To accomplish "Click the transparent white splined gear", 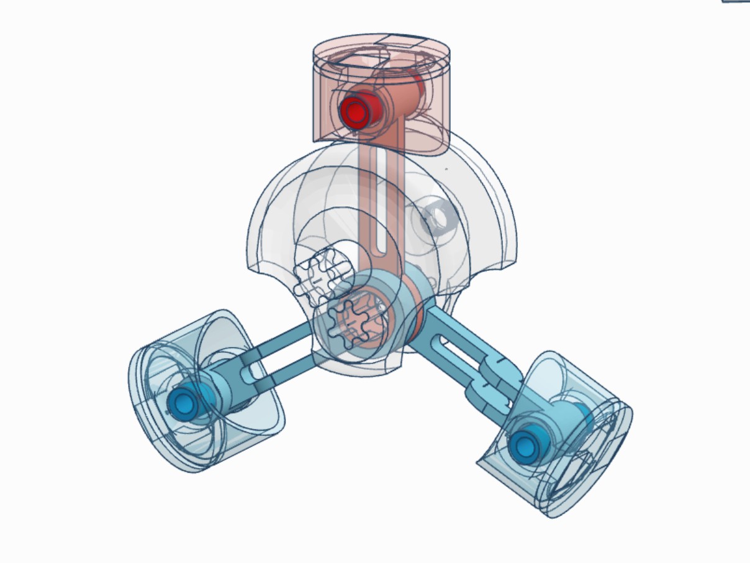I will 318,277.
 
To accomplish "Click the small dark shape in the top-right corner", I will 736,1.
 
